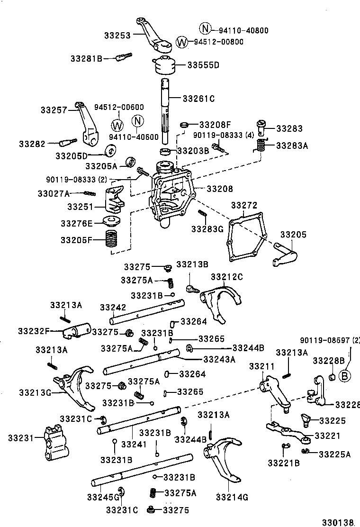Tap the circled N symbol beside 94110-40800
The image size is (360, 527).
tap(205, 29)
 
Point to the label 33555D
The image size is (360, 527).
tap(203, 65)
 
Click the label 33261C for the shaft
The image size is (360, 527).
tap(198, 99)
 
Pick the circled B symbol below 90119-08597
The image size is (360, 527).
tap(344, 376)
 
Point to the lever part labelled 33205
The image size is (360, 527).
tap(286, 253)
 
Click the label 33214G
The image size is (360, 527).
tap(232, 497)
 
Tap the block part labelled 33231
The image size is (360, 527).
tap(54, 442)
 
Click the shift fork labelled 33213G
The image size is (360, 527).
tap(73, 386)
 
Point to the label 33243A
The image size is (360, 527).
tap(219, 359)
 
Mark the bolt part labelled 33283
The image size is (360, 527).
tap(261, 127)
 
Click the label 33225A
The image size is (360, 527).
tap(334, 454)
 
